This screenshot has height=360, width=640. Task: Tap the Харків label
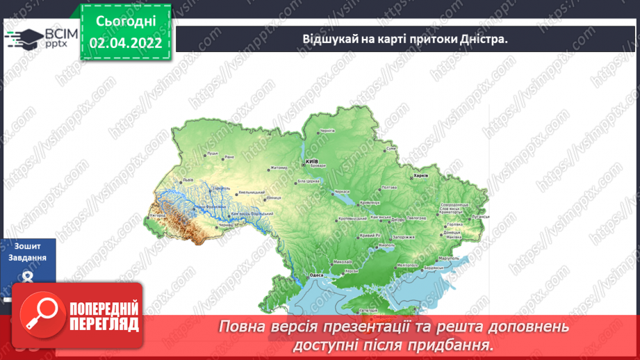(x=420, y=176)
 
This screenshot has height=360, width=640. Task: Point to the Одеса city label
(x=317, y=275)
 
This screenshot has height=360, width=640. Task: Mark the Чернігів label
(x=327, y=131)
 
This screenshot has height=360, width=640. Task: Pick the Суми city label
(x=391, y=149)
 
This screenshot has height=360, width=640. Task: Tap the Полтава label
(x=389, y=187)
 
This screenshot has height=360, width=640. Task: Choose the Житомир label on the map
(x=278, y=167)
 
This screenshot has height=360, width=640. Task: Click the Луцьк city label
(x=212, y=152)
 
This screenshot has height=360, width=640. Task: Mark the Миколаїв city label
(x=343, y=262)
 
